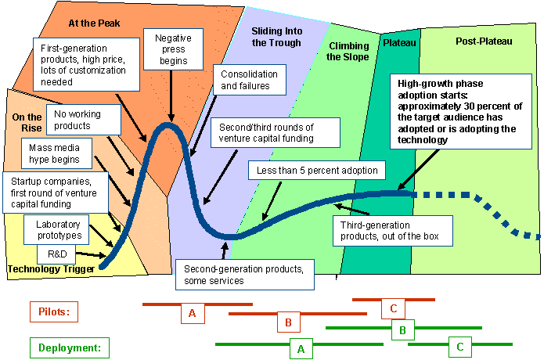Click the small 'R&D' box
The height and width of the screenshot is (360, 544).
click(x=56, y=254)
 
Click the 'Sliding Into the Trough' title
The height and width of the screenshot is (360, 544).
click(x=276, y=37)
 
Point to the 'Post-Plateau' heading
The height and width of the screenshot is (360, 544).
click(x=483, y=41)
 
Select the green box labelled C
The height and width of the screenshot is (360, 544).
click(x=460, y=346)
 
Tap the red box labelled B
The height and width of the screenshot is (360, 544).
click(x=288, y=322)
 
